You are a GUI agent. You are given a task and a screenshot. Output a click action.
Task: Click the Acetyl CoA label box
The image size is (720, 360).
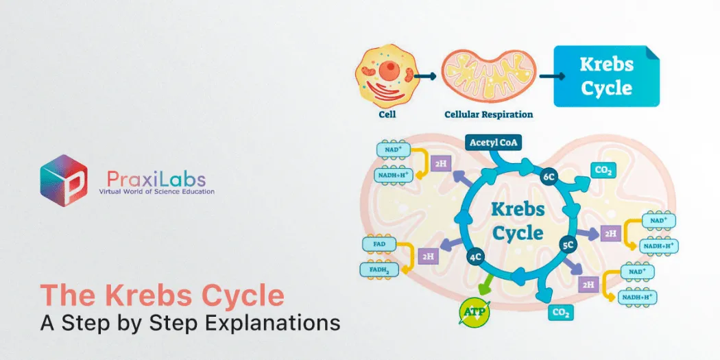click(493, 143)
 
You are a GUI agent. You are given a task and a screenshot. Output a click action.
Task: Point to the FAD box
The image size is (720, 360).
click(379, 243)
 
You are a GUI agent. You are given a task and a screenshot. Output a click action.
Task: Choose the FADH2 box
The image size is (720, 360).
click(379, 269)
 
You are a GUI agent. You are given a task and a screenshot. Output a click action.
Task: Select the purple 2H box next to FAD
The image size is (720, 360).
click(429, 256)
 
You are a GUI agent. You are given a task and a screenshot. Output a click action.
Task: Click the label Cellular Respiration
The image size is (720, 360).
click(488, 115)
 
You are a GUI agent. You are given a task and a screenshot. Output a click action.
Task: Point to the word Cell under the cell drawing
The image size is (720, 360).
click(387, 115)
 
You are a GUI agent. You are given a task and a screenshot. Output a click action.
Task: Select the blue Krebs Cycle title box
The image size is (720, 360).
click(606, 76)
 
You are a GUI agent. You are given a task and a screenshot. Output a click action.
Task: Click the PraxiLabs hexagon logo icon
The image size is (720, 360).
click(64, 180)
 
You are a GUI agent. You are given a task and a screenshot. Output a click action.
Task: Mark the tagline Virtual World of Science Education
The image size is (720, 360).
click(156, 191)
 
